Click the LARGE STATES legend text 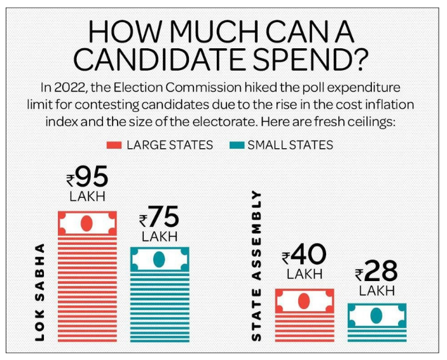(x=168, y=144)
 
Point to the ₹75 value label (x=160, y=219)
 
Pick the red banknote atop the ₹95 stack (x=88, y=223)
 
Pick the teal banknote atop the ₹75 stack (x=160, y=259)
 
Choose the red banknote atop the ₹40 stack (x=304, y=300)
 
